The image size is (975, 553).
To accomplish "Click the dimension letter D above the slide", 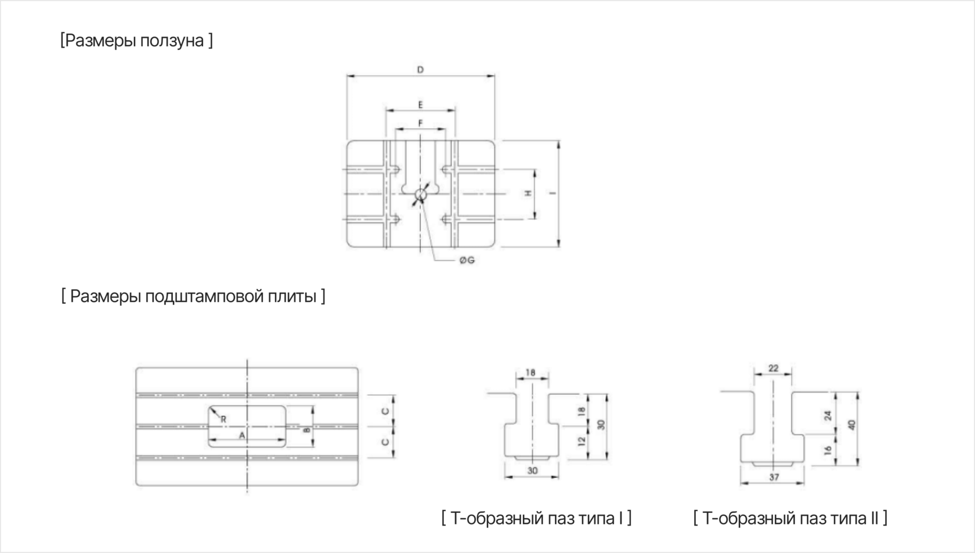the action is [420, 70].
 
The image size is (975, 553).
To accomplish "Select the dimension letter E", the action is [420, 105].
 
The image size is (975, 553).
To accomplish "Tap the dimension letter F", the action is [420, 124].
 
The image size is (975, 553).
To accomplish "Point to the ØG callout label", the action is [467, 260].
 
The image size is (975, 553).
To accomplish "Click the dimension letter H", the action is [528, 193].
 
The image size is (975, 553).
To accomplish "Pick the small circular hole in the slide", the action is [420, 195].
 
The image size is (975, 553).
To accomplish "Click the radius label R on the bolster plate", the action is [223, 419].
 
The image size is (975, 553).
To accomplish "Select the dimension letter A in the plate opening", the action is [242, 435].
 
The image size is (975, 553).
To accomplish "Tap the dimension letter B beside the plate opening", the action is [306, 430].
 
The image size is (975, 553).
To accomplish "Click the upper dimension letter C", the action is [385, 411].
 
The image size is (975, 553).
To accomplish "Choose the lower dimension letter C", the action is [385, 442].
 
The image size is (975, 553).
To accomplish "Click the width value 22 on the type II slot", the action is [773, 368].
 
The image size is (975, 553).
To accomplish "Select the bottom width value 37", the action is [774, 477].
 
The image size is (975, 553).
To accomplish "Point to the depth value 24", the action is [828, 416].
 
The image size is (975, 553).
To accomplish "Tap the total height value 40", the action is [852, 425].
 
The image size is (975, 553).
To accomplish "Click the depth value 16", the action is [828, 450].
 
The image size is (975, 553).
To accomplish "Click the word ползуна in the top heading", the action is [172, 41].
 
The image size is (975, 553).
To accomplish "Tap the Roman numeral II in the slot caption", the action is [874, 518].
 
